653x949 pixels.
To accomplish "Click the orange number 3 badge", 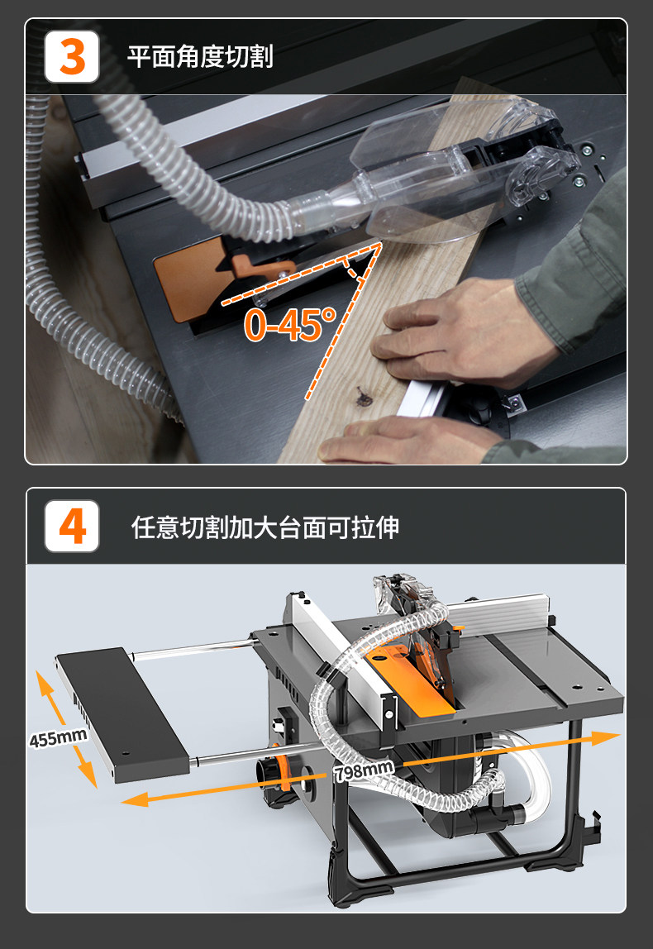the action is click(x=72, y=57).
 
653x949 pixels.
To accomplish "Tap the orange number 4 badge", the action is click(x=72, y=526).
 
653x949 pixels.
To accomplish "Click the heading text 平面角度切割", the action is click(x=200, y=57).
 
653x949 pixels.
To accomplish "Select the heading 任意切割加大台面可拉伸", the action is click(x=265, y=527).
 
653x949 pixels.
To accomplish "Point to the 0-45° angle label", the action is click(x=290, y=324).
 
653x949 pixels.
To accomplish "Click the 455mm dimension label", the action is click(x=59, y=737).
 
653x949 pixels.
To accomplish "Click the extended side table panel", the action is click(x=121, y=714).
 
